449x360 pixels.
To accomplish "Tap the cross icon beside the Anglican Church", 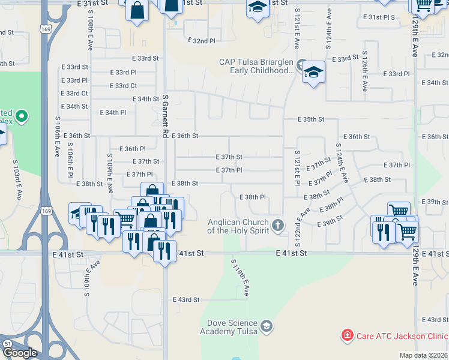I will click(277, 226).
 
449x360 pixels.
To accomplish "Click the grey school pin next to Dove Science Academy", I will click(267, 327).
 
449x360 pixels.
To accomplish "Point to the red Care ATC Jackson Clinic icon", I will click(346, 336).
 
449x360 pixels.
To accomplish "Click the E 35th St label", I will click(312, 120).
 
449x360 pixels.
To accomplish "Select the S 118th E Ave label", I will click(240, 277).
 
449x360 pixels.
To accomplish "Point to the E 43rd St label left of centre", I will click(185, 299).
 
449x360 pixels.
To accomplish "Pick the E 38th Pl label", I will click(252, 197).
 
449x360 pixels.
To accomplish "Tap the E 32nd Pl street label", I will click(200, 41).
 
